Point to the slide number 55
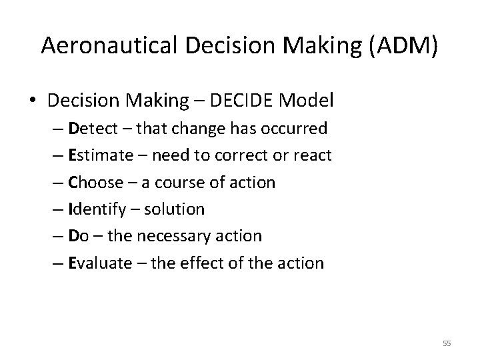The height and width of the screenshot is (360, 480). pyautogui.click(x=446, y=343)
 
